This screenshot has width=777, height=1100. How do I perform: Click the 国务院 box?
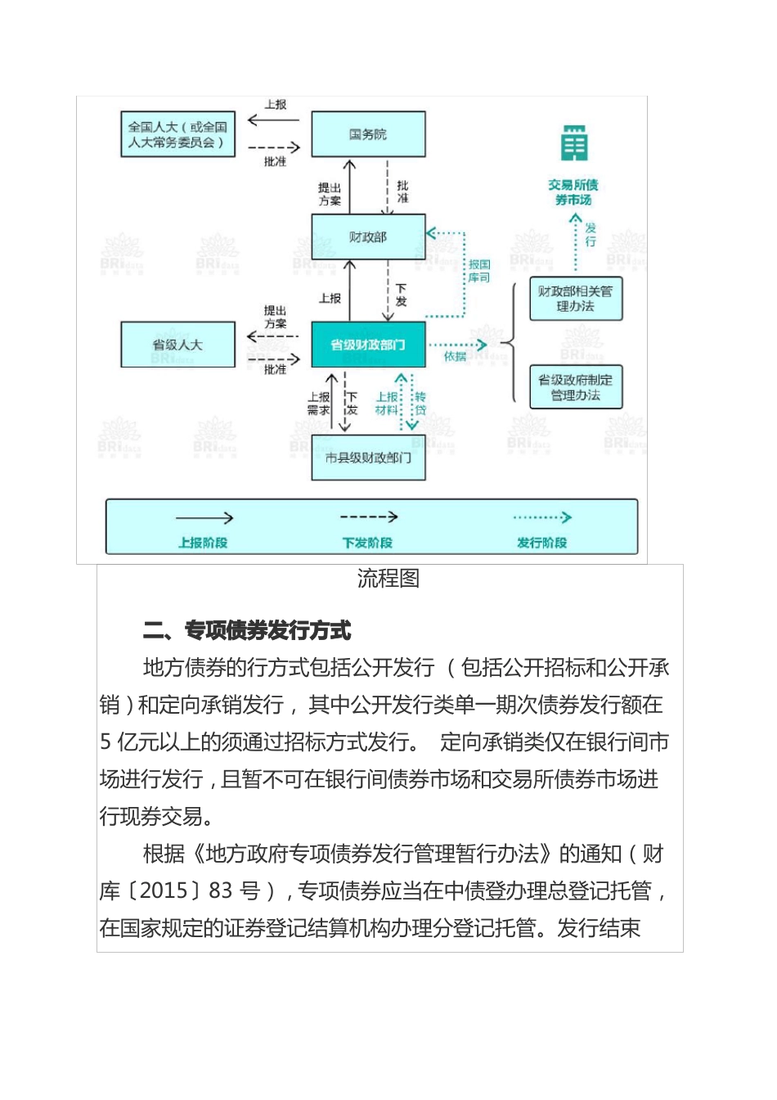click(368, 134)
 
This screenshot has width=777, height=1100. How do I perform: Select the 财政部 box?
click(368, 237)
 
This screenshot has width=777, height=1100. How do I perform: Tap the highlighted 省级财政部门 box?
click(368, 345)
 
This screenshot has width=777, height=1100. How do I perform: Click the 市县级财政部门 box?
click(368, 458)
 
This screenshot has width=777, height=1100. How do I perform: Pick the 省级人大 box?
click(177, 345)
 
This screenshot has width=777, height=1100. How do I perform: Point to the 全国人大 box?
click(177, 134)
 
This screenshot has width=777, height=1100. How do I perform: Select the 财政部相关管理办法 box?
click(575, 299)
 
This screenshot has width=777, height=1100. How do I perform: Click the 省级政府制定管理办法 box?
click(575, 387)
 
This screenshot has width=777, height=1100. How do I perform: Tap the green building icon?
click(574, 144)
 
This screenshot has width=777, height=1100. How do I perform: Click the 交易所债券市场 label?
click(573, 192)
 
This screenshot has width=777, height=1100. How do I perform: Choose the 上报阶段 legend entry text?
click(203, 543)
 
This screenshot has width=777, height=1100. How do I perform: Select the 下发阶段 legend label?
click(367, 543)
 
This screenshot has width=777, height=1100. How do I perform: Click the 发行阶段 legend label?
click(541, 543)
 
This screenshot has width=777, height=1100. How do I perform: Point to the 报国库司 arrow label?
click(479, 272)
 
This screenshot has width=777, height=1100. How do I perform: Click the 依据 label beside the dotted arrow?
click(455, 357)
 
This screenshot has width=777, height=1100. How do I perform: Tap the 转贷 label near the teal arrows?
click(420, 403)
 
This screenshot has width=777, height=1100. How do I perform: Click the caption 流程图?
click(388, 579)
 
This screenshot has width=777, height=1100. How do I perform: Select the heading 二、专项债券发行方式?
click(247, 630)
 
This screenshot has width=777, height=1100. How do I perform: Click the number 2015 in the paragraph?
click(164, 890)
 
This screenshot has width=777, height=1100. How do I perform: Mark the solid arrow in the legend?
click(204, 518)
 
